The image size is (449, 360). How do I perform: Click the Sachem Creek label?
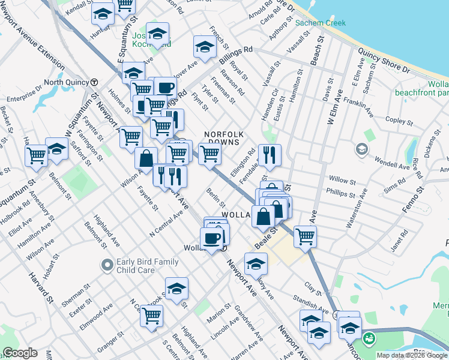pyautogui.click(x=321, y=23)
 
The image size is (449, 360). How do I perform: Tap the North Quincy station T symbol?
pyautogui.click(x=94, y=82)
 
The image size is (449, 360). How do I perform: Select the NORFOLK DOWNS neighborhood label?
pyautogui.click(x=223, y=138)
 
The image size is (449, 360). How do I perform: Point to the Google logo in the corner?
pyautogui.click(x=19, y=353)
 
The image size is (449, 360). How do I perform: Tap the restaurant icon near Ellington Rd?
pyautogui.click(x=270, y=156)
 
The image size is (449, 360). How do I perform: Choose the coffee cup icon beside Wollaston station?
pyautogui.click(x=211, y=239)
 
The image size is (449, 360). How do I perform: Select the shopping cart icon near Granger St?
pyautogui.click(x=152, y=316)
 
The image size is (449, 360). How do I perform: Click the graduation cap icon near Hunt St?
pyautogui.click(x=103, y=13)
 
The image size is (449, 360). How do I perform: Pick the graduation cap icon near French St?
pyautogui.click(x=205, y=47)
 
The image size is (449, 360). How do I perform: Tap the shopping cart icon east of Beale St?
pyautogui.click(x=305, y=236)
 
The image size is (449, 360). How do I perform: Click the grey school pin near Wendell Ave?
pyautogui.click(x=361, y=149)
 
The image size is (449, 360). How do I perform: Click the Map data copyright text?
pyautogui.click(x=412, y=355)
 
